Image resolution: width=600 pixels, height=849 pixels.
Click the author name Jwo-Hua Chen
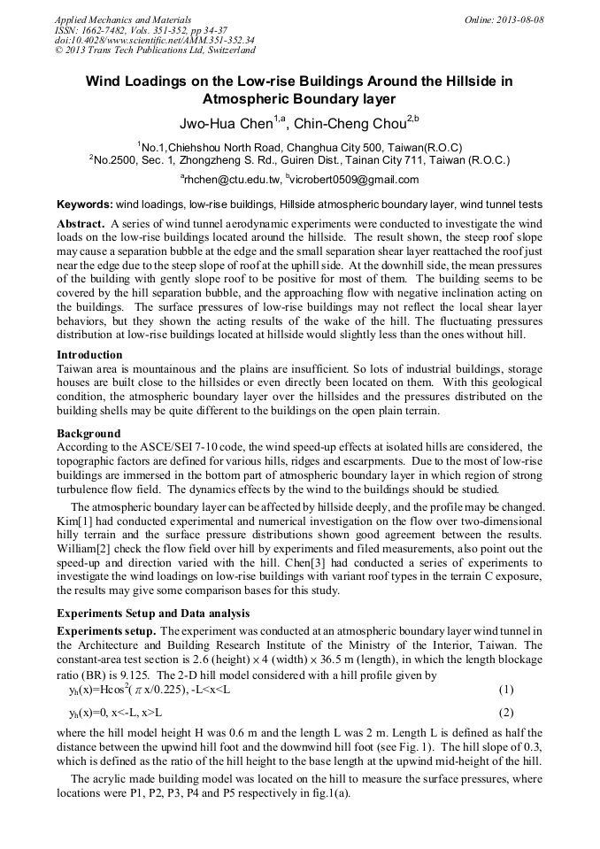(227, 123)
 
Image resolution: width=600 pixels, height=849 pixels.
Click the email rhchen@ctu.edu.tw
(227, 180)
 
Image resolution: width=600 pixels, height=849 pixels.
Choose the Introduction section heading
(91, 353)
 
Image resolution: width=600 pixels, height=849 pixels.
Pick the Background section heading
(88, 434)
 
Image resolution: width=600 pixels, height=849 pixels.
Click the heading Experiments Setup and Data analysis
(153, 613)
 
